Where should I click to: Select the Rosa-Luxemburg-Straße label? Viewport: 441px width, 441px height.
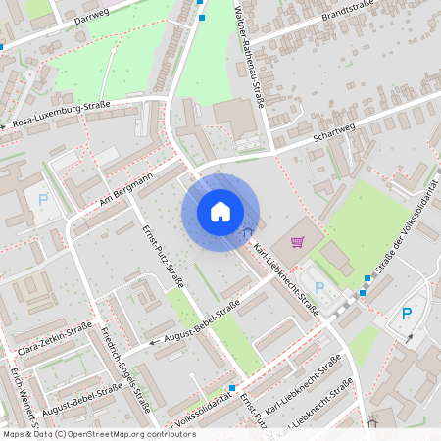(60, 115)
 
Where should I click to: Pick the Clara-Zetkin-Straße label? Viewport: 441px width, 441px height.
(55, 337)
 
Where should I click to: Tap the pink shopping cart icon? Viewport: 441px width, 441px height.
(298, 242)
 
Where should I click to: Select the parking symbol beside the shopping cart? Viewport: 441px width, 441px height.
(319, 288)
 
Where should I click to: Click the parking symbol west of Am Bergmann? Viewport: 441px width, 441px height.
(42, 200)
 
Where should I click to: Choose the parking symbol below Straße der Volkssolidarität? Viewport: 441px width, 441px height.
(407, 314)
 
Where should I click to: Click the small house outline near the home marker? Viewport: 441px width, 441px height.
(248, 232)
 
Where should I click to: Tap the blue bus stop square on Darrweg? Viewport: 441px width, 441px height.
(203, 17)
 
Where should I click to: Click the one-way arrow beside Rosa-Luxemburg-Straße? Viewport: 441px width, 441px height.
(5, 126)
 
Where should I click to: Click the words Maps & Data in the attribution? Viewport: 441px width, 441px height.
(26, 434)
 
